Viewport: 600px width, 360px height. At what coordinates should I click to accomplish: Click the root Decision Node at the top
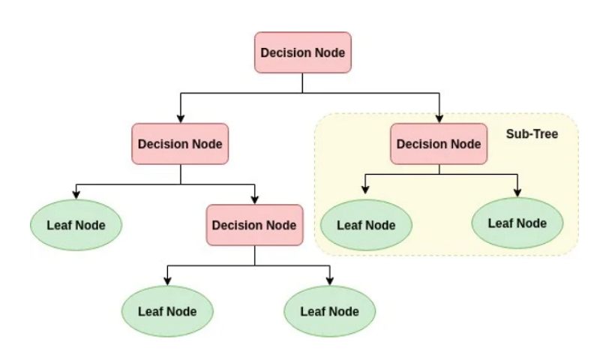click(302, 52)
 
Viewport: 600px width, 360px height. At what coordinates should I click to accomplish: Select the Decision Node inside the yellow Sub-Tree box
click(439, 144)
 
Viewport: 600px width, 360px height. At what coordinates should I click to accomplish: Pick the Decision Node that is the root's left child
click(180, 144)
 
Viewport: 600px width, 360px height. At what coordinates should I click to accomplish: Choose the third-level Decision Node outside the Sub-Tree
click(254, 225)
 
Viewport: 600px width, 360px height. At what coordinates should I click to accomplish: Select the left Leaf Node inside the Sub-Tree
click(366, 224)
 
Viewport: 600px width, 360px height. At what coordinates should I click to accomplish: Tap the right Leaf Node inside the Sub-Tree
click(517, 223)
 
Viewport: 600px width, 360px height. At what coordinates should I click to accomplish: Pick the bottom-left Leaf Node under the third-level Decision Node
click(167, 310)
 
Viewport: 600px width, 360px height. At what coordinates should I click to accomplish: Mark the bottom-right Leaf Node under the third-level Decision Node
click(330, 310)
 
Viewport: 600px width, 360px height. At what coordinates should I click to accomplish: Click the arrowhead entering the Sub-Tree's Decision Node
click(439, 118)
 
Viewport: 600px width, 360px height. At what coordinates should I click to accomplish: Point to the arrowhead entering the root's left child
click(180, 118)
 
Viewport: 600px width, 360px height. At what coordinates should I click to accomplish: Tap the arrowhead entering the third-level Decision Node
click(254, 199)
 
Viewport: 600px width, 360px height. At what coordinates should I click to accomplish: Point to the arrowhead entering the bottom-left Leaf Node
click(167, 280)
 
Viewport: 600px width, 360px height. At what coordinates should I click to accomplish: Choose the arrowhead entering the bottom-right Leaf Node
click(330, 280)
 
